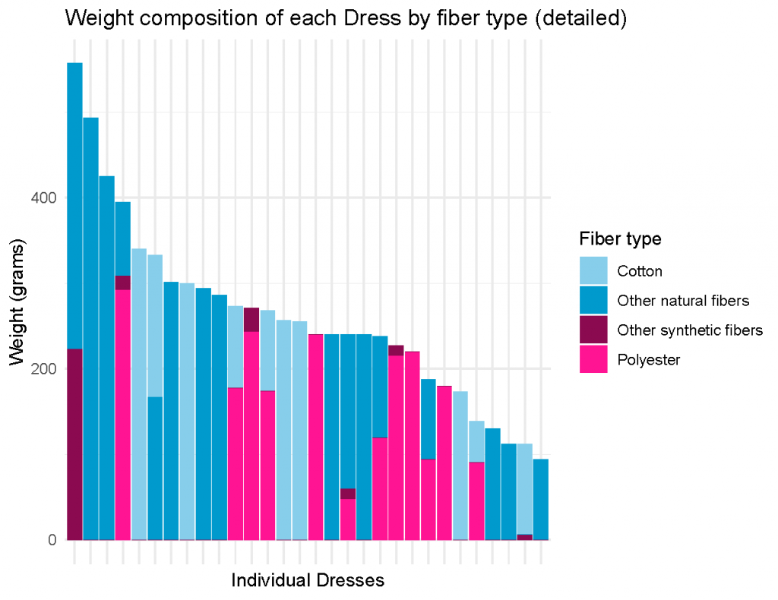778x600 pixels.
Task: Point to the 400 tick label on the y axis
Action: [x=43, y=198]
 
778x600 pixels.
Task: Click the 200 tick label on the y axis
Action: [x=43, y=369]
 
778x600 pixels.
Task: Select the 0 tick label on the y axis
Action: [x=52, y=540]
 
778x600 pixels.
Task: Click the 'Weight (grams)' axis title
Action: [x=17, y=302]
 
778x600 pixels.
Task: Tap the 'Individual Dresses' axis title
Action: [x=308, y=580]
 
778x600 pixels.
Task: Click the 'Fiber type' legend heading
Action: [x=620, y=239]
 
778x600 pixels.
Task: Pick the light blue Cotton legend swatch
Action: [x=593, y=270]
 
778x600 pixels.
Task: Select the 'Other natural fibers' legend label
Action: [x=683, y=301]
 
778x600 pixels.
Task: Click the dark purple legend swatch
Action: [x=593, y=330]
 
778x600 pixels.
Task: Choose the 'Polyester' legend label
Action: [x=649, y=359]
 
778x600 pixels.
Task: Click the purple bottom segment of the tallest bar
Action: [x=75, y=444]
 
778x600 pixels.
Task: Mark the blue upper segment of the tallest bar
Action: [x=75, y=206]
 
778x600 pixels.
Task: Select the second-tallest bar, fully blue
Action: [x=91, y=329]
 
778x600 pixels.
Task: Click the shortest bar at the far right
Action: [x=541, y=499]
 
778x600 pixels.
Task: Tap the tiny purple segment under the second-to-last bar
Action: [x=525, y=537]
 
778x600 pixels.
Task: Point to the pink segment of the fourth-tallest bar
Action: [x=123, y=415]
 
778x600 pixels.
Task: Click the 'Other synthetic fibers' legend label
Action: [x=690, y=330]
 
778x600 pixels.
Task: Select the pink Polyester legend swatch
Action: [x=593, y=359]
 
